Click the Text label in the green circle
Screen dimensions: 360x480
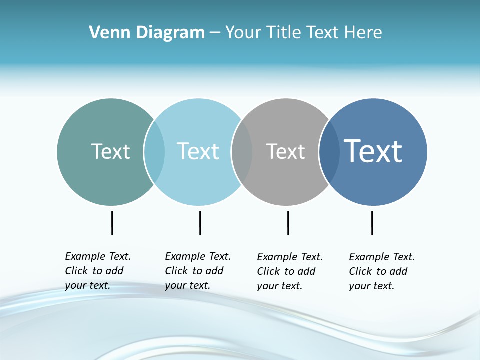click(x=110, y=151)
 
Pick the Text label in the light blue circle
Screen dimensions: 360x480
click(x=198, y=151)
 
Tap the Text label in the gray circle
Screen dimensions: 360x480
click(x=285, y=151)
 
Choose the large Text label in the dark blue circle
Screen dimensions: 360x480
click(x=373, y=151)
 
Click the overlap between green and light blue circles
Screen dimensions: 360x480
click(x=155, y=152)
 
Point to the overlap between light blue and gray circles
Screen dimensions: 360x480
click(x=242, y=152)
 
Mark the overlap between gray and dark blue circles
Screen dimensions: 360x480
click(x=330, y=152)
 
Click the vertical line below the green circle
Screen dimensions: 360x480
click(x=112, y=223)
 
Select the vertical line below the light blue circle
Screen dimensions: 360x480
click(x=200, y=223)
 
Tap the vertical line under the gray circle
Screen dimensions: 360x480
click(x=288, y=223)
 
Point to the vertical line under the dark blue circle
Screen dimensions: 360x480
click(x=372, y=223)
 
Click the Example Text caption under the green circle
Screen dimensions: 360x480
click(x=98, y=271)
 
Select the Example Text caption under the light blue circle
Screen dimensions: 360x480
click(x=198, y=271)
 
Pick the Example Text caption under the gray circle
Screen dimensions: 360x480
click(x=290, y=271)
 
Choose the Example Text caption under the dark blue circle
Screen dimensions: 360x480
click(x=382, y=271)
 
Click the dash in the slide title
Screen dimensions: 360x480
click(x=215, y=33)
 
